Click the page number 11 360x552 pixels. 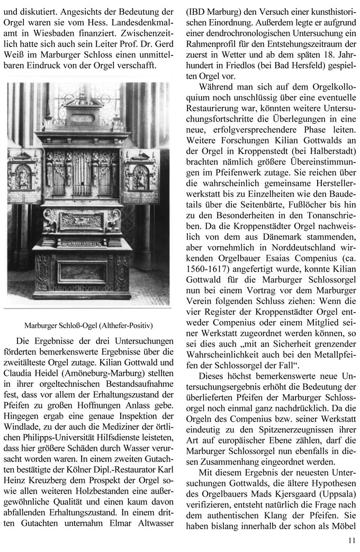coord(352,540)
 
